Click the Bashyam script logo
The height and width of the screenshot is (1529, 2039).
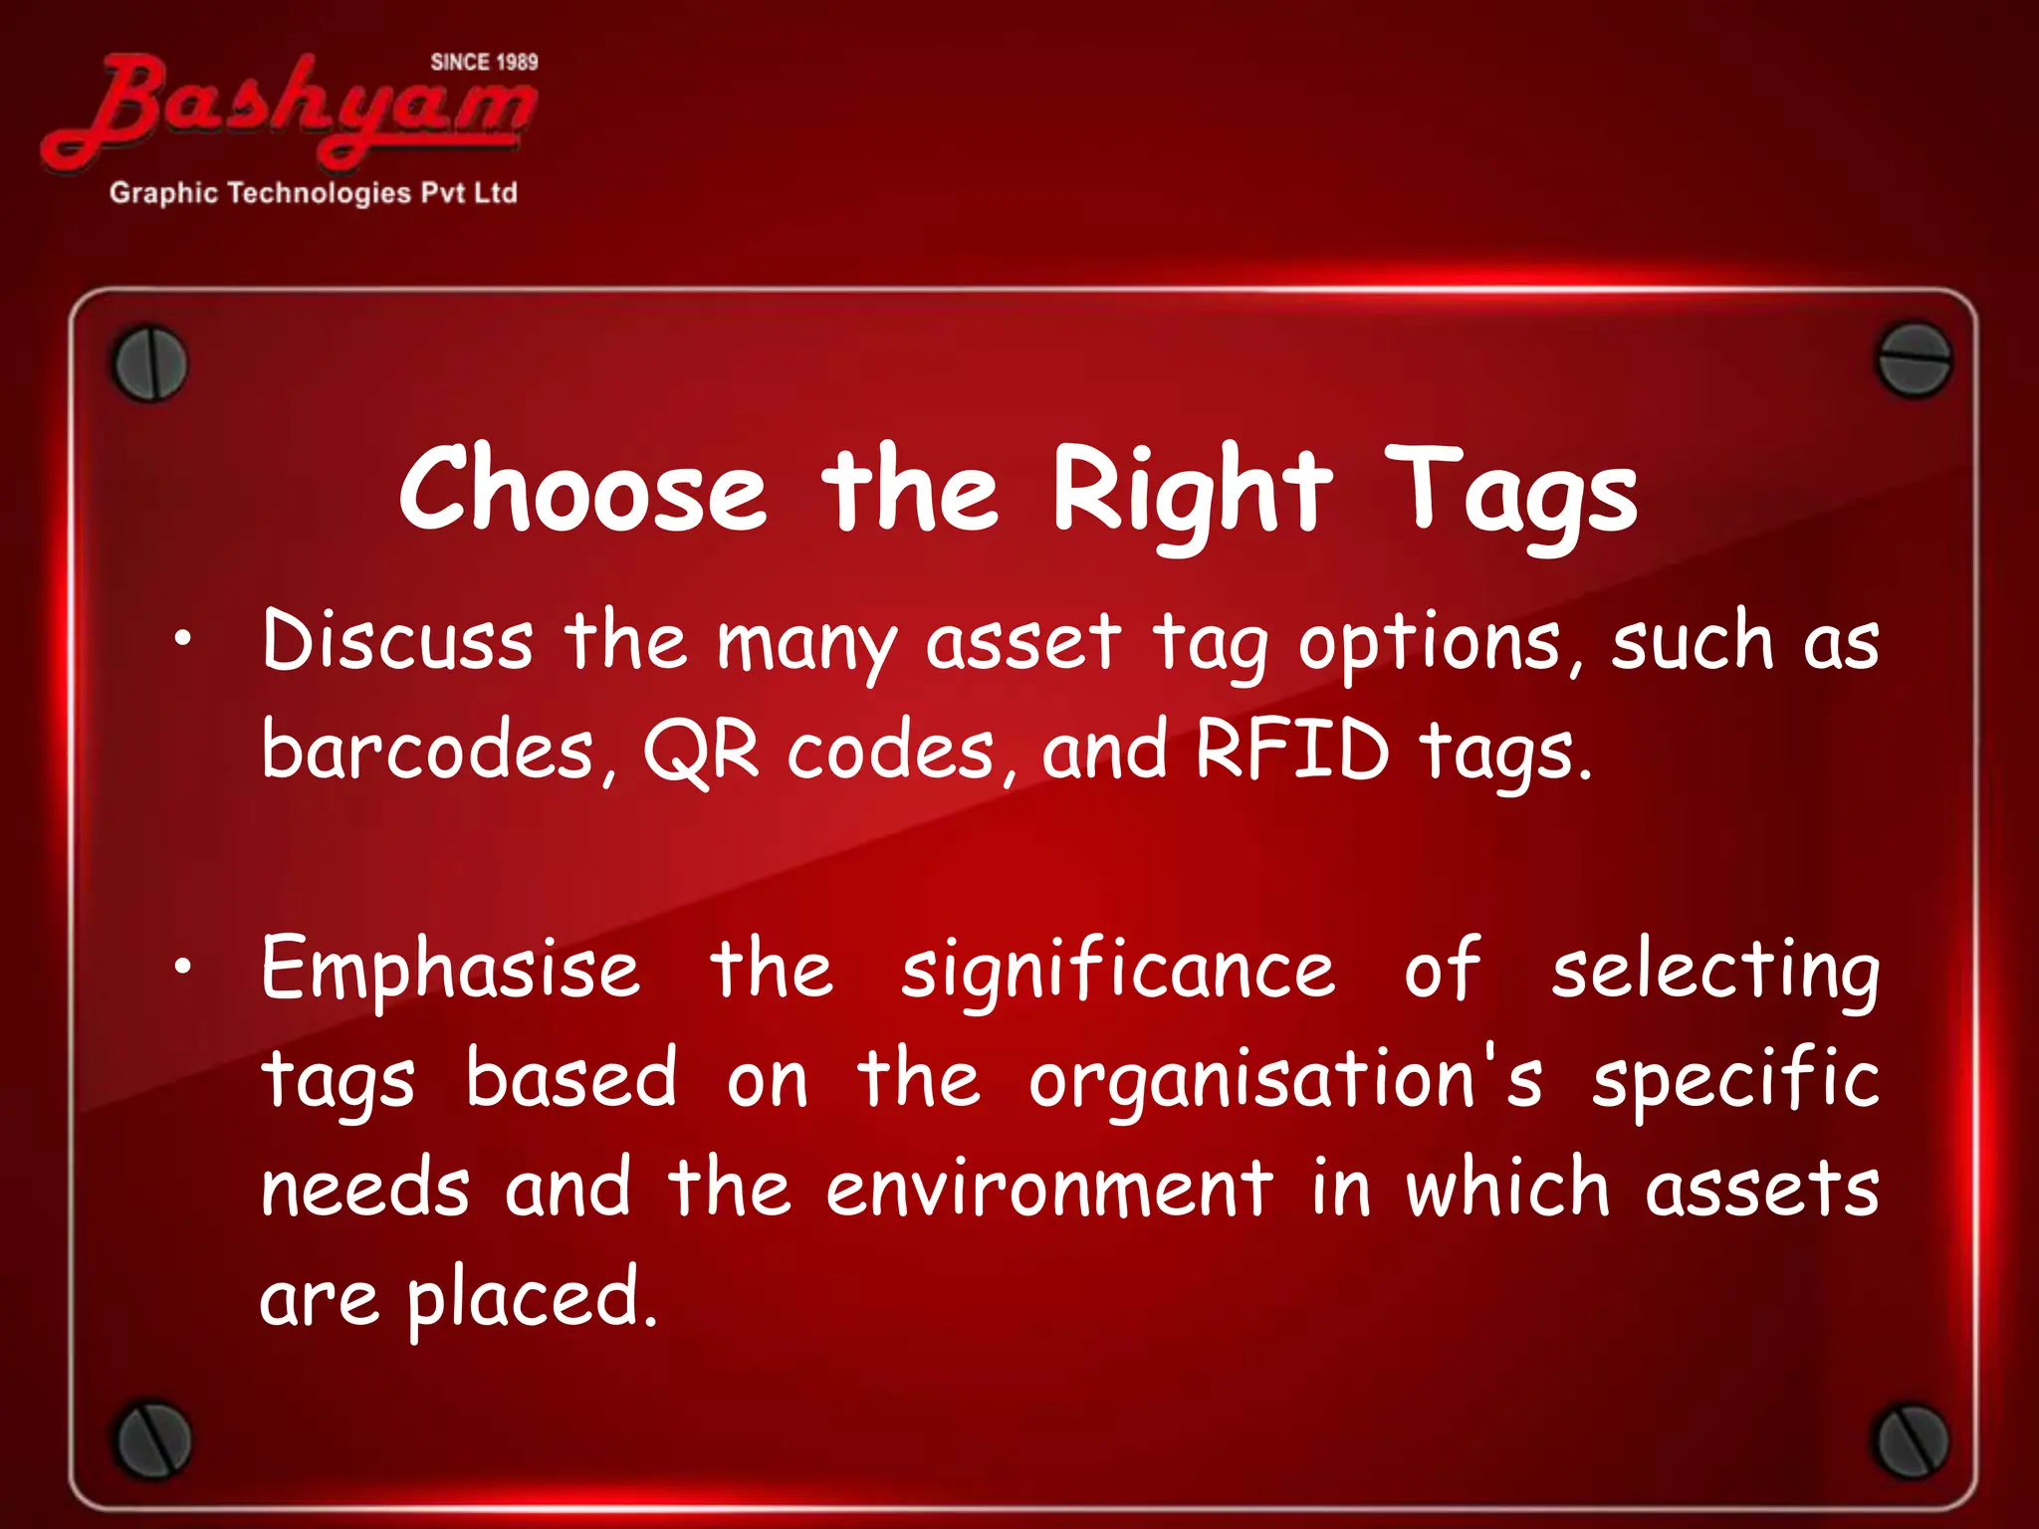tap(289, 109)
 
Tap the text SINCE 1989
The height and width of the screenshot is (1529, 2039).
tap(484, 62)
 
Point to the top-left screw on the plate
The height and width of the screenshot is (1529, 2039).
tap(150, 363)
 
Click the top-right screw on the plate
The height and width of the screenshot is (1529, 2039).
tap(1914, 359)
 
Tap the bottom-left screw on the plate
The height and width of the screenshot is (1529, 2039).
tap(152, 1439)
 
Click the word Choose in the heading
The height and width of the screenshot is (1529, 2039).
tap(583, 490)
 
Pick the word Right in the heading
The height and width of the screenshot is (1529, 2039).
tap(1193, 490)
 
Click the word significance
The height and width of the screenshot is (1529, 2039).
tap(1117, 971)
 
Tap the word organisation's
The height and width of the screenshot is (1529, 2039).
tap(1285, 1080)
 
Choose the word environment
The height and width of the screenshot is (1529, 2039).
tap(1049, 1189)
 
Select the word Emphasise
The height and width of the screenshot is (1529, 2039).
tap(450, 971)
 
